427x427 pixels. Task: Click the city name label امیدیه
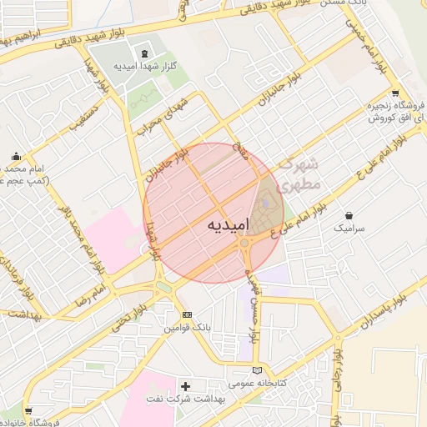[213, 225]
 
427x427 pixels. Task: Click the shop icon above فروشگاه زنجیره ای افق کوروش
[394, 93]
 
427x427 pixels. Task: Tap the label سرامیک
[349, 227]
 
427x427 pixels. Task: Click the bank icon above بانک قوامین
[188, 314]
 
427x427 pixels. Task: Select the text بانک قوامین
[183, 329]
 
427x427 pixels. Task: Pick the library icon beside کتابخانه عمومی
[257, 370]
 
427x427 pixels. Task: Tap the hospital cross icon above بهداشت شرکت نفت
[185, 387]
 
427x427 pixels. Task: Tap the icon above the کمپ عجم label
[17, 156]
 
